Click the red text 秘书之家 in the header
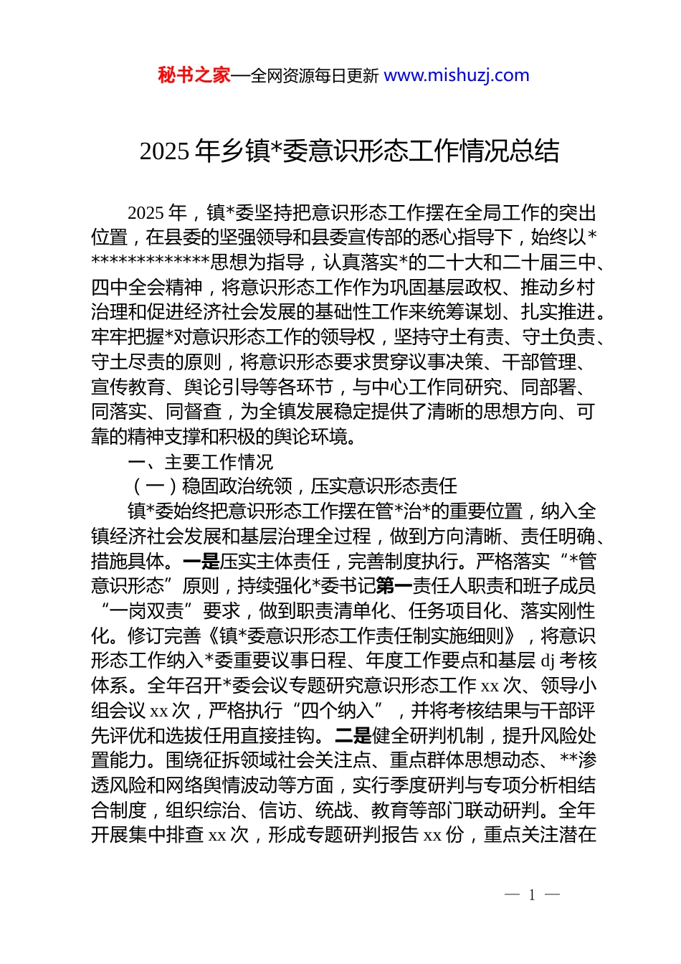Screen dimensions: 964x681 194,75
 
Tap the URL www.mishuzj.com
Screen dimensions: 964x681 457,75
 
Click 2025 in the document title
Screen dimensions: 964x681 164,151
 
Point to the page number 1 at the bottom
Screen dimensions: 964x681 532,895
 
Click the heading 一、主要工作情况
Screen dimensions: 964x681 200,462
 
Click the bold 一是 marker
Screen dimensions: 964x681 201,561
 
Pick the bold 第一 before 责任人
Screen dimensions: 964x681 394,586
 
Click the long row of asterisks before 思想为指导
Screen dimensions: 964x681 150,263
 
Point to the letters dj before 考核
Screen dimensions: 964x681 548,661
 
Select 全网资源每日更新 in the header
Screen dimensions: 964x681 314,76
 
